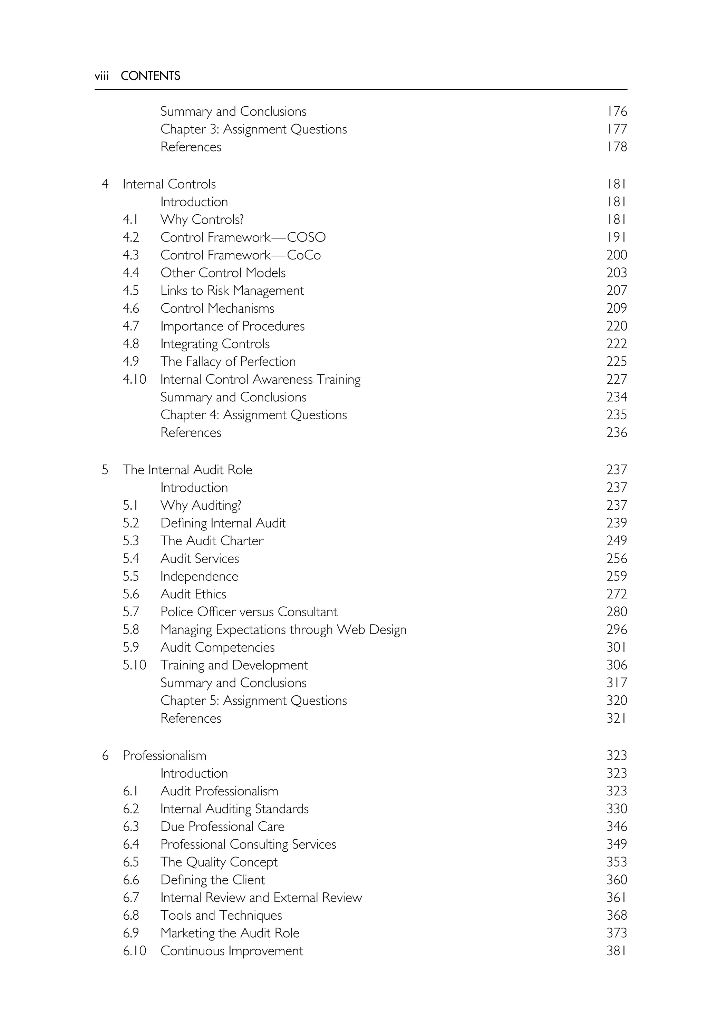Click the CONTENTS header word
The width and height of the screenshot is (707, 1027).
click(150, 76)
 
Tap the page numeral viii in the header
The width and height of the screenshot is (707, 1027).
click(101, 76)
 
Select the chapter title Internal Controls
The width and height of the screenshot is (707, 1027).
click(169, 184)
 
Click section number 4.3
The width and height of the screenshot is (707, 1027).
click(131, 255)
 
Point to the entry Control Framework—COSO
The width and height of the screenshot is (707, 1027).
click(243, 237)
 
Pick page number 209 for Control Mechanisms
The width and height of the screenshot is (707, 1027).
click(616, 308)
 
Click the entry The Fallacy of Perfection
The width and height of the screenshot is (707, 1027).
click(228, 361)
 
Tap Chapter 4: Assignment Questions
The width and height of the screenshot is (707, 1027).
click(253, 415)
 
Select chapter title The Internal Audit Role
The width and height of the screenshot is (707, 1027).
click(187, 470)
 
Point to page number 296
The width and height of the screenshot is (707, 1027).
click(616, 629)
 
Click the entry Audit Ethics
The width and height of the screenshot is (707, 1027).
click(193, 594)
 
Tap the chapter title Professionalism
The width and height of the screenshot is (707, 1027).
click(164, 755)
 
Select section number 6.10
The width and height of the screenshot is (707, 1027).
click(134, 951)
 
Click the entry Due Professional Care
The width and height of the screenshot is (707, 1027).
click(222, 827)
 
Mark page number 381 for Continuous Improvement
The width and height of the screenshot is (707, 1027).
click(616, 951)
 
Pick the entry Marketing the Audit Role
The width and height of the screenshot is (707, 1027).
click(230, 933)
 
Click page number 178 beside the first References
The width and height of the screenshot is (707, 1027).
click(616, 147)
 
